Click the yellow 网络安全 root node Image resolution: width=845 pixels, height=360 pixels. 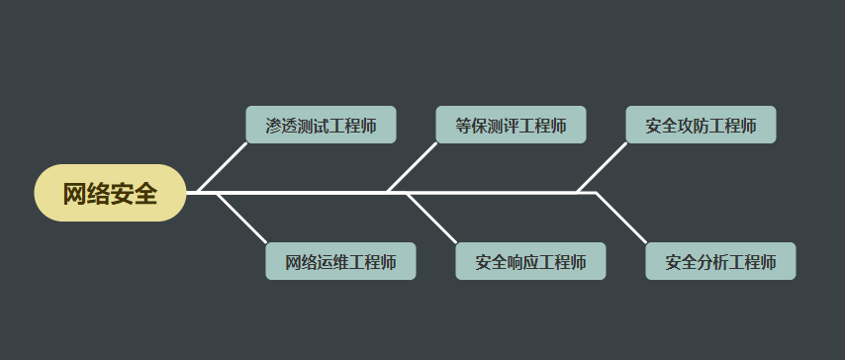click(x=110, y=193)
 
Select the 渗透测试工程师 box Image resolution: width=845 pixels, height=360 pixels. click(x=321, y=125)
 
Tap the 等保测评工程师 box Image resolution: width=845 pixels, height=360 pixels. click(x=511, y=125)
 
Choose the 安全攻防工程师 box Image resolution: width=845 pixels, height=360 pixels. click(x=701, y=125)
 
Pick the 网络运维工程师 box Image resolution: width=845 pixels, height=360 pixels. click(x=340, y=261)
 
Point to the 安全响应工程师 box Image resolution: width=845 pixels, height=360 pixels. click(x=530, y=261)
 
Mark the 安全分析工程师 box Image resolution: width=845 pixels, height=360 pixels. click(x=720, y=261)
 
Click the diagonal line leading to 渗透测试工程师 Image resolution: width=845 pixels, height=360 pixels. click(x=223, y=167)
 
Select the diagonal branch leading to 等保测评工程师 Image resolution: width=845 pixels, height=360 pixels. click(x=413, y=167)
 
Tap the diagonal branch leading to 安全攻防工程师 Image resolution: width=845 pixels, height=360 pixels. click(x=603, y=167)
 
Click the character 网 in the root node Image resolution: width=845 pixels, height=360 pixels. click(x=74, y=194)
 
